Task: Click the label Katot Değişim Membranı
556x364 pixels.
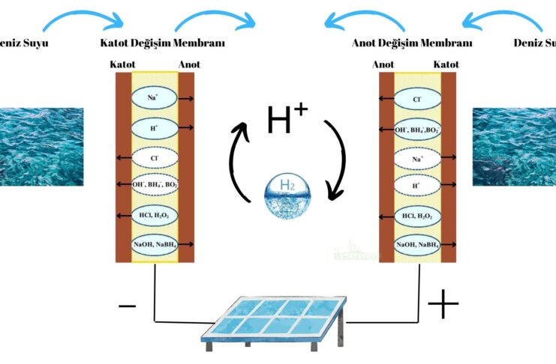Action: click(x=162, y=43)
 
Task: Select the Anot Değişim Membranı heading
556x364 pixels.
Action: click(x=412, y=43)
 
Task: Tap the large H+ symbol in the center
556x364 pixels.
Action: click(x=287, y=120)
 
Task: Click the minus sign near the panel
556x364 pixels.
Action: click(x=128, y=306)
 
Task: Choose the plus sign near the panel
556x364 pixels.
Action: click(x=443, y=304)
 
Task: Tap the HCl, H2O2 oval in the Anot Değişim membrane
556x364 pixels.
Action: click(x=418, y=216)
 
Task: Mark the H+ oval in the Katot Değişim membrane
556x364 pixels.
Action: click(x=154, y=128)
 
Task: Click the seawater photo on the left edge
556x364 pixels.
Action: click(x=41, y=147)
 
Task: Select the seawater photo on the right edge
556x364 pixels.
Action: click(x=515, y=147)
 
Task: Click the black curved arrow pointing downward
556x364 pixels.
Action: click(x=335, y=161)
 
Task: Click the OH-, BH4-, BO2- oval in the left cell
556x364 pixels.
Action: click(x=154, y=186)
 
